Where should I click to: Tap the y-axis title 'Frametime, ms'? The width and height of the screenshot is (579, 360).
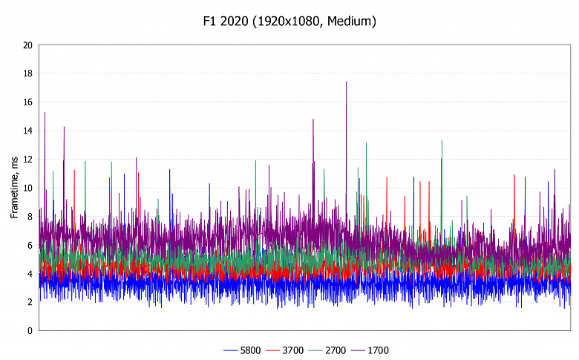click(x=14, y=188)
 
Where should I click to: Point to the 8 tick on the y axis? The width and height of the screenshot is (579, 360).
click(x=29, y=217)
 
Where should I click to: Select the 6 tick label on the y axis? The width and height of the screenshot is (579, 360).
click(x=29, y=245)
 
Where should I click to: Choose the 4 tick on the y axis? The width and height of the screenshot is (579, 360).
click(x=29, y=274)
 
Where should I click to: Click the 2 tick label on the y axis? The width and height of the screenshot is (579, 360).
click(x=29, y=302)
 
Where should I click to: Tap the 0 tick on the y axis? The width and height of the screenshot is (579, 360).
click(x=29, y=331)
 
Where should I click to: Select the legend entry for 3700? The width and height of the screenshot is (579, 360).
click(x=284, y=350)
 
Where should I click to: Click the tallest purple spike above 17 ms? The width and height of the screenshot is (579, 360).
click(x=346, y=83)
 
